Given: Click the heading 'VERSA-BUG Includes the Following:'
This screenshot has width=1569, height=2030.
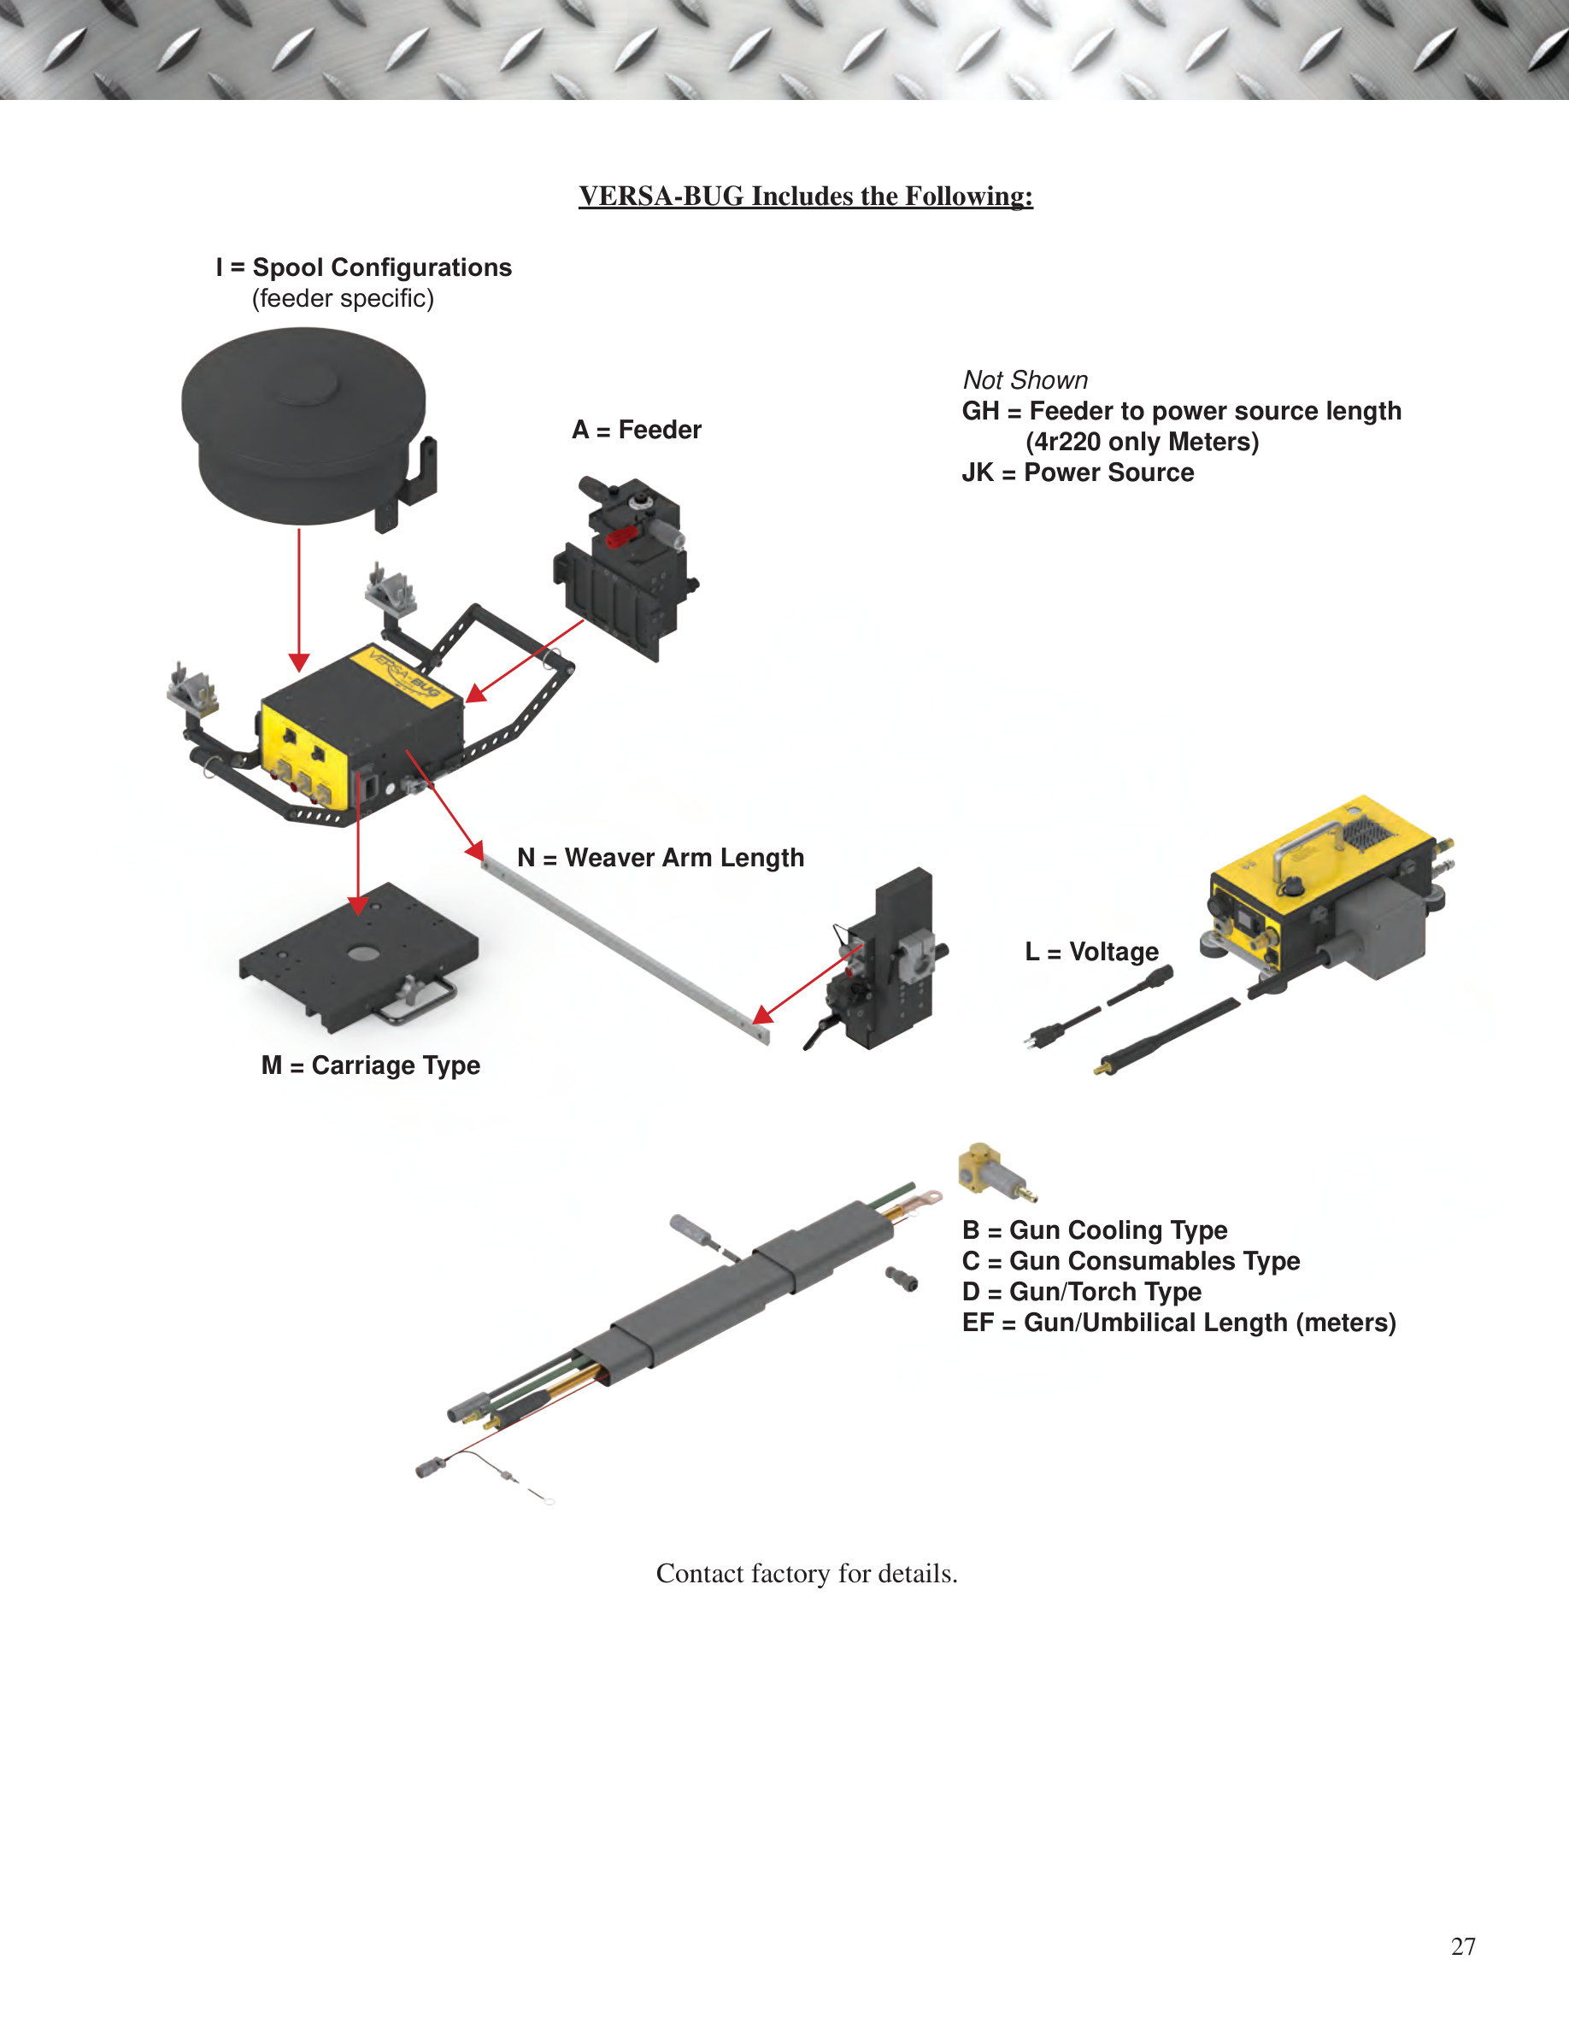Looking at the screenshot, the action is [806, 197].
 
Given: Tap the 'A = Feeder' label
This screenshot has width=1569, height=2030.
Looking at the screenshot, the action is [637, 430].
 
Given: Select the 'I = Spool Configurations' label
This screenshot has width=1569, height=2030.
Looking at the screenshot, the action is [363, 267].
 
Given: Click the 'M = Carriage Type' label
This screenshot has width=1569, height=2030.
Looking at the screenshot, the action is [371, 1065].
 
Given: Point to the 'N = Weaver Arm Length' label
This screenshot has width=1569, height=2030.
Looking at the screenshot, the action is [661, 857].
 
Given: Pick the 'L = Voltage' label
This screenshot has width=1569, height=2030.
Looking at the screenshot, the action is [1092, 952].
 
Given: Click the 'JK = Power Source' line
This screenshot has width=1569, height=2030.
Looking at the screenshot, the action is [1078, 472].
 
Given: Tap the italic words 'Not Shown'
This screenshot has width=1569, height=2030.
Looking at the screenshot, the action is [1025, 380].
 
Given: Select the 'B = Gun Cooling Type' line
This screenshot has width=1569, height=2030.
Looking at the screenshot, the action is [1095, 1229].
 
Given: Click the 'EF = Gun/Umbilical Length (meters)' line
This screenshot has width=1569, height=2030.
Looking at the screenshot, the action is [1179, 1323].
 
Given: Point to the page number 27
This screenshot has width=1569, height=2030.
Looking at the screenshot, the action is [1463, 1946].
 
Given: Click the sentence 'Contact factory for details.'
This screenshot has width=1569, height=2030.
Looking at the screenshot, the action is [807, 1574].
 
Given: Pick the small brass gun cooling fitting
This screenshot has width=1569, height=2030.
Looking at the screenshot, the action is [996, 1173].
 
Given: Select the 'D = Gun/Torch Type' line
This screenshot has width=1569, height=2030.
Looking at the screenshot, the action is [1082, 1292].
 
